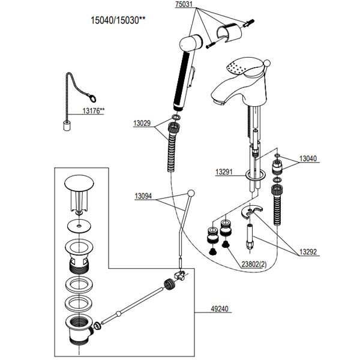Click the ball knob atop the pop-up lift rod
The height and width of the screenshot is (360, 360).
click(191, 193)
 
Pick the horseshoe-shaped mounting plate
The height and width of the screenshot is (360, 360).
click(255, 214)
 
